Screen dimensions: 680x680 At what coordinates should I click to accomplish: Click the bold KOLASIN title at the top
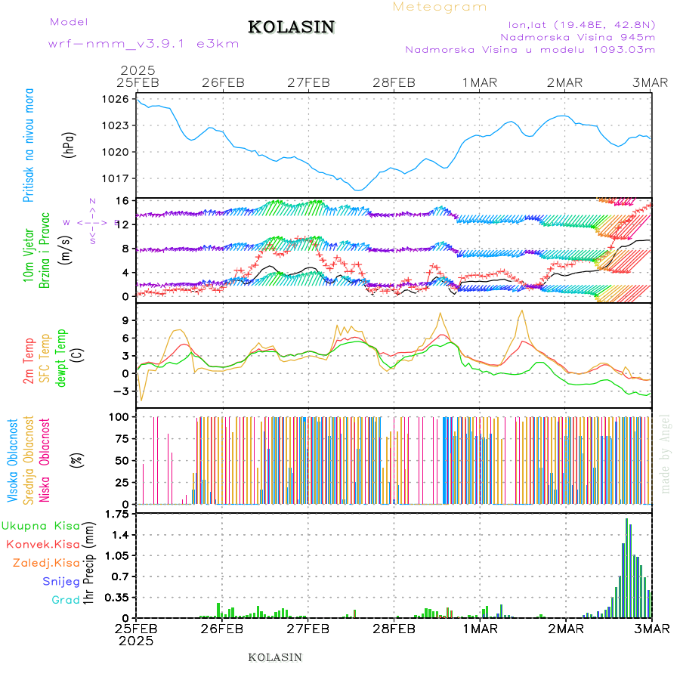pyautogui.click(x=291, y=27)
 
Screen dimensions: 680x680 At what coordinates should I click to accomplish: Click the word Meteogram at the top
pyautogui.click(x=440, y=7)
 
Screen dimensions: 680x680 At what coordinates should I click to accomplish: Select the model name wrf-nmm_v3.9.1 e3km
pyautogui.click(x=143, y=44)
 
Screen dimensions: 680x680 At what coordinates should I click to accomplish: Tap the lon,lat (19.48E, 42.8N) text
pyautogui.click(x=581, y=23)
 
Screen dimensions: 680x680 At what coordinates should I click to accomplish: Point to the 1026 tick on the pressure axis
pyautogui.click(x=116, y=99)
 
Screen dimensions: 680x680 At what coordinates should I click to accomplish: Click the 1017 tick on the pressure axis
pyautogui.click(x=116, y=178)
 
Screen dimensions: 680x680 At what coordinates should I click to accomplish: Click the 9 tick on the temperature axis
pyautogui.click(x=125, y=320)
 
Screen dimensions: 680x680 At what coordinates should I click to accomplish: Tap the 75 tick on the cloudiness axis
pyautogui.click(x=120, y=438)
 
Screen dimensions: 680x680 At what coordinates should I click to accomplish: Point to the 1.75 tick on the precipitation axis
pyautogui.click(x=116, y=515)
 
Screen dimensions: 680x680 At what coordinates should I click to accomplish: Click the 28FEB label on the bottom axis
pyautogui.click(x=394, y=629)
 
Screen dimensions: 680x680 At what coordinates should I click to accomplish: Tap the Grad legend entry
pyautogui.click(x=66, y=600)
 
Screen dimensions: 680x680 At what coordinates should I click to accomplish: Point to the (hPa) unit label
pyautogui.click(x=69, y=144)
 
